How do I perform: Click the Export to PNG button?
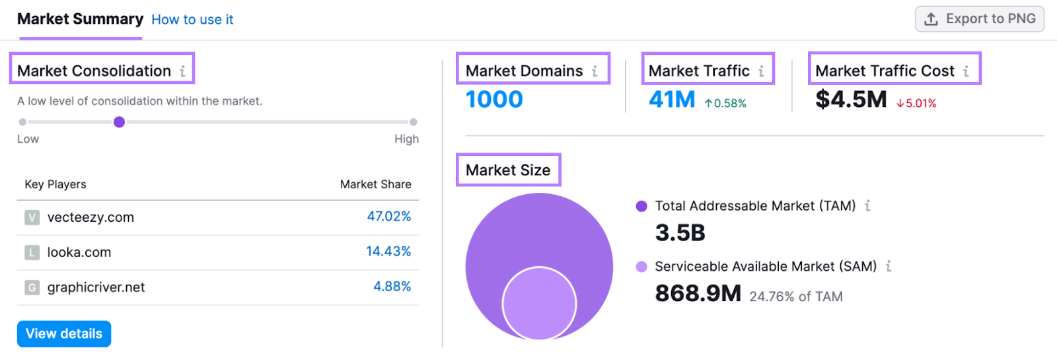[979, 19]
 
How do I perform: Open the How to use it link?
[192, 20]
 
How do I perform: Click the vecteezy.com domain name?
[91, 217]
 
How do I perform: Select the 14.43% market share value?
[388, 252]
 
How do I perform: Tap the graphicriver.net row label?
[96, 287]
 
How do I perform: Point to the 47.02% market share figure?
[389, 217]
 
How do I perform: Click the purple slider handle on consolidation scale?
[119, 122]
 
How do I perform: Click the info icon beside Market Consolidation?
[183, 71]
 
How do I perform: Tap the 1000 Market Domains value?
[494, 100]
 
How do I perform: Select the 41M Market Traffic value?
[672, 100]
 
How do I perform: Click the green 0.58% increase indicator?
[725, 104]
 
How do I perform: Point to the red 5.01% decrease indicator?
[916, 104]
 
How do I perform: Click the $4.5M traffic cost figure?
[851, 100]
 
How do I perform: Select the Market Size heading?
[507, 170]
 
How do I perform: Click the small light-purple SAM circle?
[539, 304]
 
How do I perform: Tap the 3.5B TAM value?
[680, 233]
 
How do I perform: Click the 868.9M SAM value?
[698, 294]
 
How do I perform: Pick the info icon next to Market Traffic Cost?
[966, 71]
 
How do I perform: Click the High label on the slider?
[406, 139]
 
